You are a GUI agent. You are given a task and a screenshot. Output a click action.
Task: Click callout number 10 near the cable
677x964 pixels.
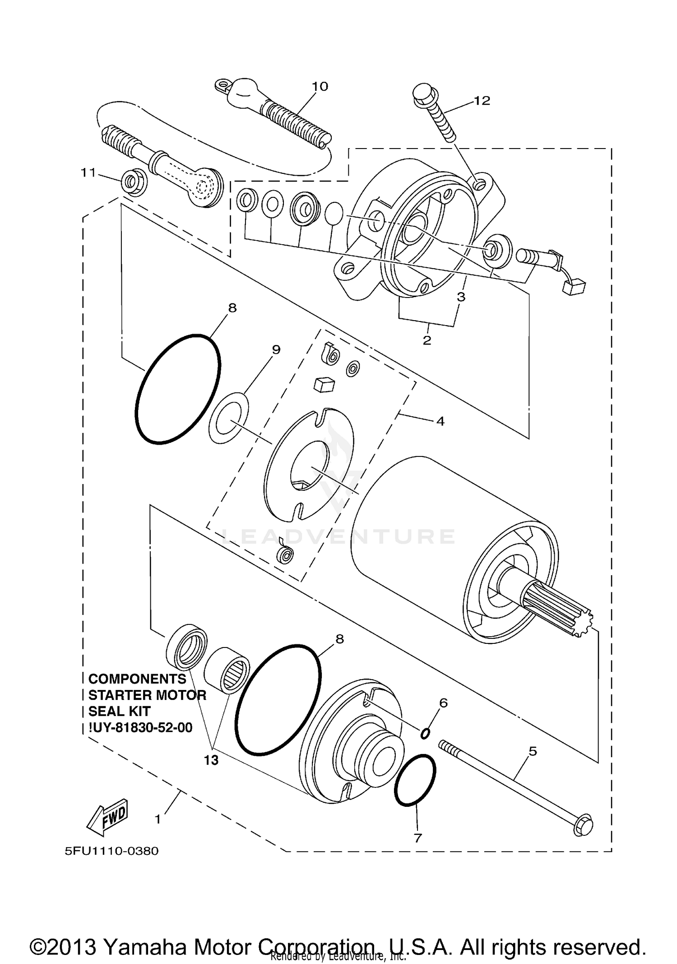point(320,86)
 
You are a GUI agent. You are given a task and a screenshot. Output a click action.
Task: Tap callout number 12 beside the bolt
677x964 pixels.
point(482,101)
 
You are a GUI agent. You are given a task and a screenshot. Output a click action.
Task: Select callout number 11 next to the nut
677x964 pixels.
point(88,172)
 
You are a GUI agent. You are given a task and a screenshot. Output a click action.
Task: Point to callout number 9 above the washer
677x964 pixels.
point(276,349)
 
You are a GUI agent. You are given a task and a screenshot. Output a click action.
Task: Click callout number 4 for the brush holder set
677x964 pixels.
point(441,421)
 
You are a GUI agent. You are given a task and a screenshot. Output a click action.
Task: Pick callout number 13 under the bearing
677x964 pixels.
point(211,760)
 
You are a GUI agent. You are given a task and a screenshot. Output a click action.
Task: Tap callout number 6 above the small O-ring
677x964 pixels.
point(443,703)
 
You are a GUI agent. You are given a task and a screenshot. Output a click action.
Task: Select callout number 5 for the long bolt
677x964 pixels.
point(533,752)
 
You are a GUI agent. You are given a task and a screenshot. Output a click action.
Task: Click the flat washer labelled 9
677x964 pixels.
point(229,418)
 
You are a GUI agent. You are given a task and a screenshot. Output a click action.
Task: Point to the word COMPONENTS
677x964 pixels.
point(137,679)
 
